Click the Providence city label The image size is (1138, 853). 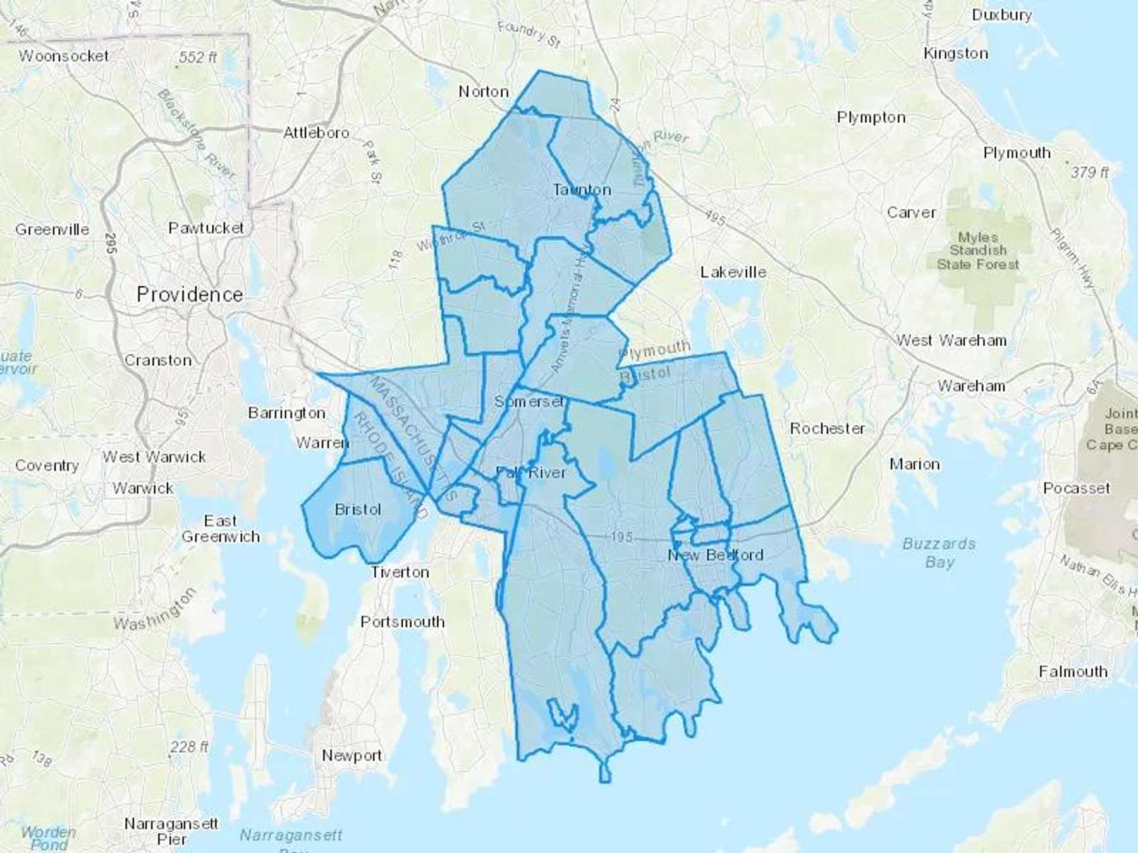[190, 294]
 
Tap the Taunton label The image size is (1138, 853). [582, 190]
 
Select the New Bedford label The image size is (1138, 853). [716, 555]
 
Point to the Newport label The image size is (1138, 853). [352, 755]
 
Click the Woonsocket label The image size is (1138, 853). [64, 56]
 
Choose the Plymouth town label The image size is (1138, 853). [1017, 153]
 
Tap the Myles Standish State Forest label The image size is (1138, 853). [977, 251]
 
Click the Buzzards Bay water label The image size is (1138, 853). [939, 552]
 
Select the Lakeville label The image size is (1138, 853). [733, 272]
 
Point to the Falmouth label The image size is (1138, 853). [1073, 671]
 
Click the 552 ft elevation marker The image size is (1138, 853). [197, 57]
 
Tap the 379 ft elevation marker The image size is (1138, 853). [1089, 172]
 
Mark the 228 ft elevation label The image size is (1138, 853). [189, 747]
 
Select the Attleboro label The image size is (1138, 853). [316, 133]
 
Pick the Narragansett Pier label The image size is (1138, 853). [171, 832]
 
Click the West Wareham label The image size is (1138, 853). [951, 341]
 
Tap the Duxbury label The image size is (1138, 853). [1001, 15]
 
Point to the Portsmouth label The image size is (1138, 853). [403, 622]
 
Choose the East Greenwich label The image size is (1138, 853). [221, 529]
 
